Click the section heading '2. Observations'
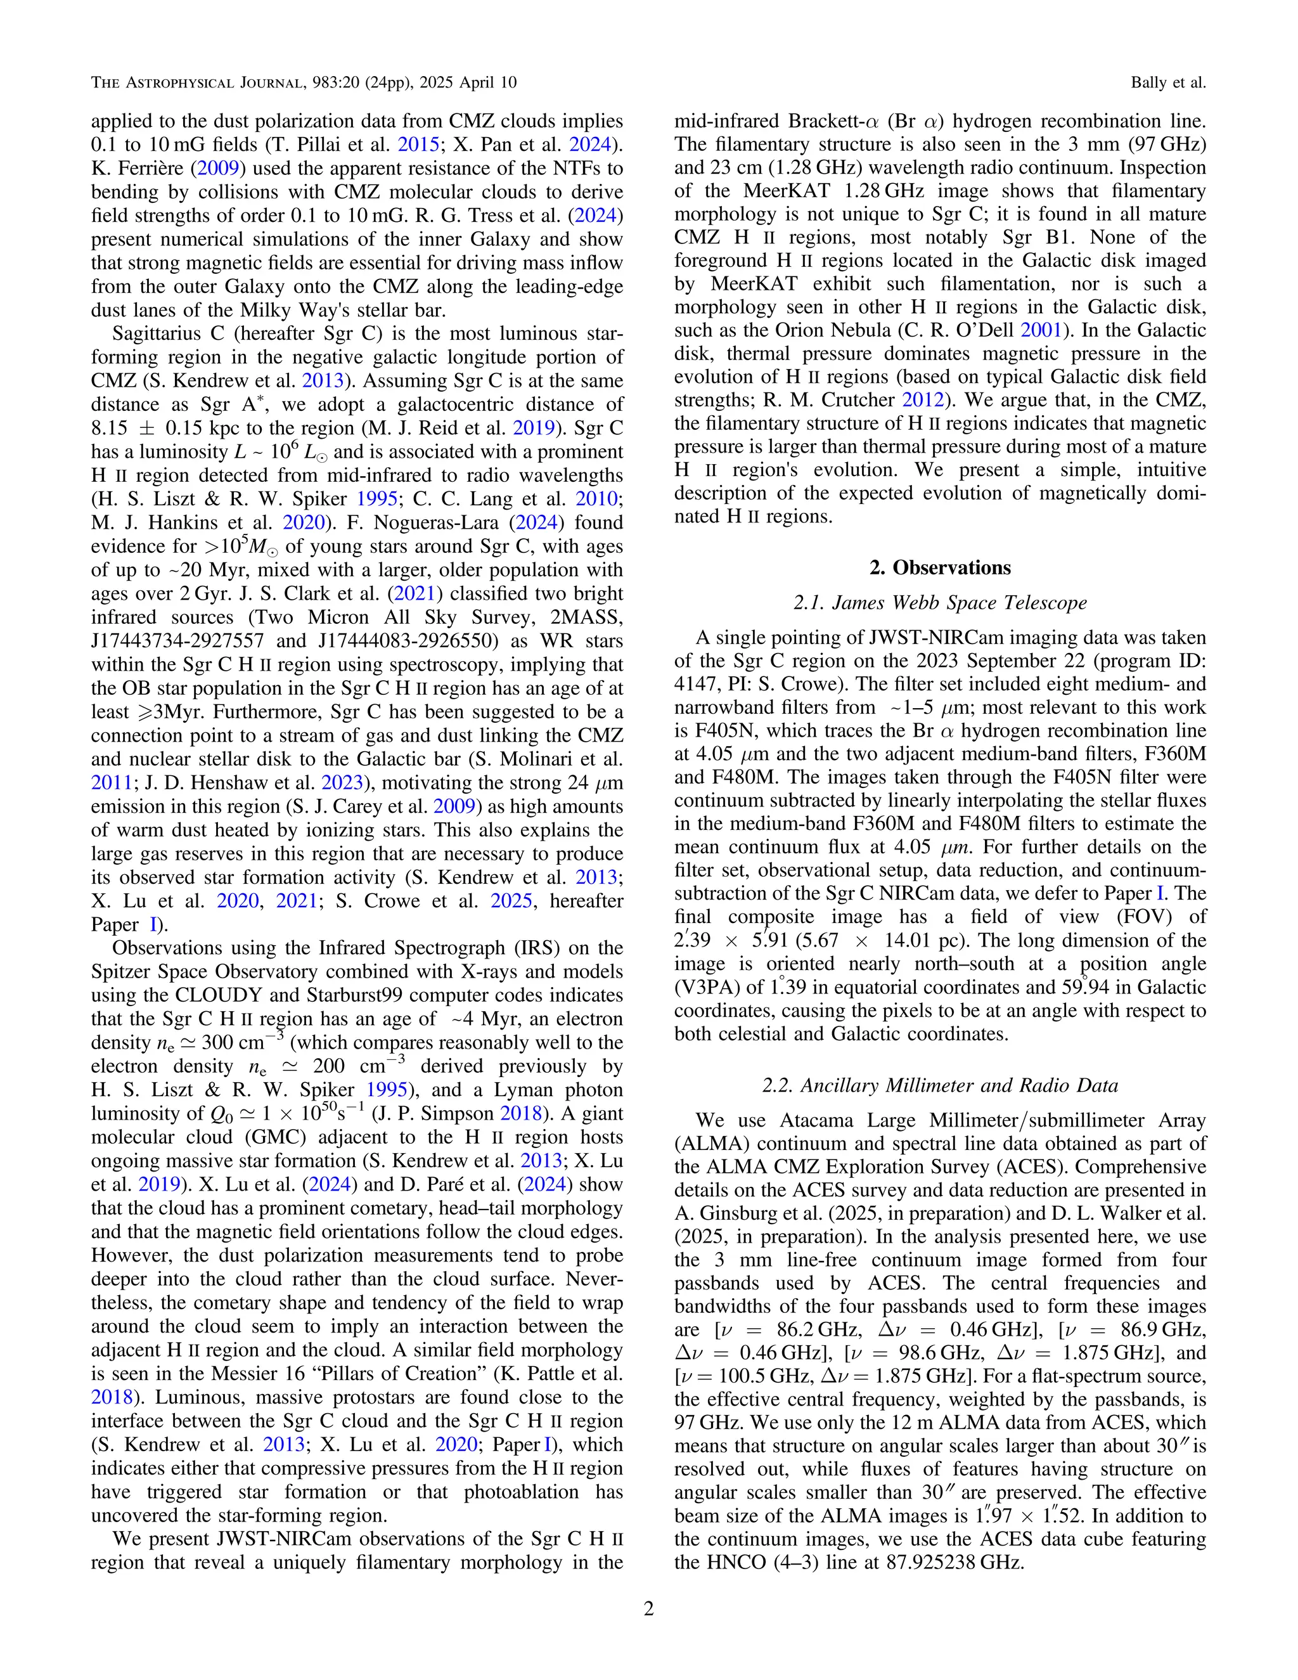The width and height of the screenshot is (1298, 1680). click(940, 567)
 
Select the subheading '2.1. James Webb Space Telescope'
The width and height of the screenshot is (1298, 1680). click(940, 603)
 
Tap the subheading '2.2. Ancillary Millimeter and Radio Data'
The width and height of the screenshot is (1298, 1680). click(940, 1085)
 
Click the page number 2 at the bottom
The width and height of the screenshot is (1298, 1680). click(648, 1609)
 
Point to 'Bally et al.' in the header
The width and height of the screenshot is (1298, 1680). click(1167, 82)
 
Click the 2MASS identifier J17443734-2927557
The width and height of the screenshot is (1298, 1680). click(177, 641)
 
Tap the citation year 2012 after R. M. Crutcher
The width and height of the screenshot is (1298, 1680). click(920, 400)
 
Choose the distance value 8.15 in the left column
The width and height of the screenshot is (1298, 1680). click(108, 429)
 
